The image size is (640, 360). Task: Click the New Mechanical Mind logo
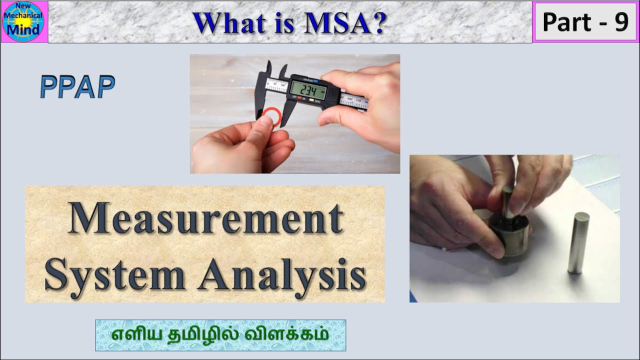[x=23, y=21]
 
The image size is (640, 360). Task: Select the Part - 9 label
[x=585, y=22]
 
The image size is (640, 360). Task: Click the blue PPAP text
[x=77, y=87]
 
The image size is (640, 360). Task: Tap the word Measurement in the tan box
[x=205, y=218]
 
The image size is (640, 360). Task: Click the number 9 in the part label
[x=621, y=22]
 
